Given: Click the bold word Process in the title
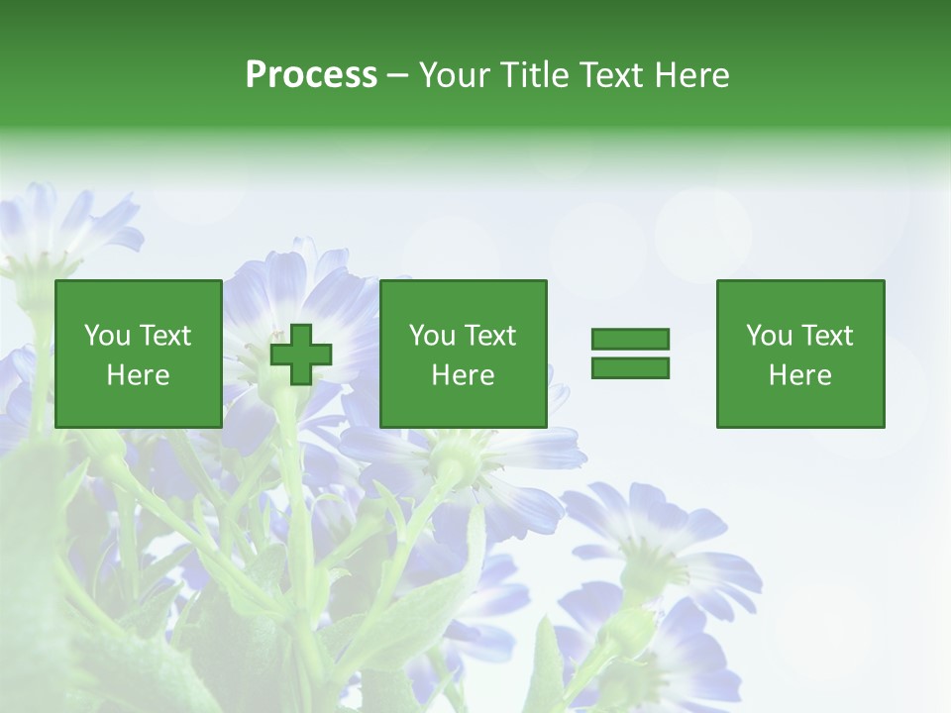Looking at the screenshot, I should pyautogui.click(x=311, y=75).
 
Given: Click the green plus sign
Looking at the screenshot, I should pyautogui.click(x=301, y=355).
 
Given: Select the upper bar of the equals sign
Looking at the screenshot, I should pyautogui.click(x=630, y=339).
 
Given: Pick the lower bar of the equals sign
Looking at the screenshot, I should pyautogui.click(x=630, y=367).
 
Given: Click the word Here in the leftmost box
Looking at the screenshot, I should pyautogui.click(x=138, y=375).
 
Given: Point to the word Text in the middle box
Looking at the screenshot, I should pyautogui.click(x=490, y=336).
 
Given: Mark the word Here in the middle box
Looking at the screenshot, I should pyautogui.click(x=463, y=375).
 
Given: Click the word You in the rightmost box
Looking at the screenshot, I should pyautogui.click(x=769, y=336).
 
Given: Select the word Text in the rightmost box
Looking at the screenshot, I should pyautogui.click(x=827, y=336).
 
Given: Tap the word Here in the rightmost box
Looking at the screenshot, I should pyautogui.click(x=799, y=375).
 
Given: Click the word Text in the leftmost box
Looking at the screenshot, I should pyautogui.click(x=165, y=336).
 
